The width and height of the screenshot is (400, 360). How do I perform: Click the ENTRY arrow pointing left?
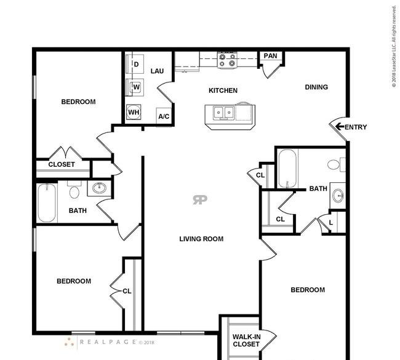(x=339, y=127)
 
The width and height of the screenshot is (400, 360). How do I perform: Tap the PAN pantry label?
(x=270, y=55)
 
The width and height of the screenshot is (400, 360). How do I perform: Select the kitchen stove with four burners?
(x=227, y=60)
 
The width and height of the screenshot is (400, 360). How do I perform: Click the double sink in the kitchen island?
(x=224, y=113)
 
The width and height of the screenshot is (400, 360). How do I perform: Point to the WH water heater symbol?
(x=134, y=112)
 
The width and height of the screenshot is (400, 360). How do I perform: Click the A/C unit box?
(x=164, y=116)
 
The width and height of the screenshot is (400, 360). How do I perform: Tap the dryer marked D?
(x=135, y=64)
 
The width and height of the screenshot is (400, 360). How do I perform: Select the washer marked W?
(x=135, y=87)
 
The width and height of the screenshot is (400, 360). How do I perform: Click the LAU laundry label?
(x=157, y=71)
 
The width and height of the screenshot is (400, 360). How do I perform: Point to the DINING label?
(x=316, y=87)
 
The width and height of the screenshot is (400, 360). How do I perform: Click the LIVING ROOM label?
(x=201, y=239)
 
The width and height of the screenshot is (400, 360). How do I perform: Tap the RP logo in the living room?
(x=200, y=199)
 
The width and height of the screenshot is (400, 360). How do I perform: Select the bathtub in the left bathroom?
(x=47, y=203)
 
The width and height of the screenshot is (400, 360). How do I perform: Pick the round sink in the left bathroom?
(x=100, y=188)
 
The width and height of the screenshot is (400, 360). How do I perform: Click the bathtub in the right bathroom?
(x=287, y=169)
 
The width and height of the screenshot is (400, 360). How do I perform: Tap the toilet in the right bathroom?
(x=336, y=164)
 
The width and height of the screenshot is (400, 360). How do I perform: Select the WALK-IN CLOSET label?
(x=246, y=340)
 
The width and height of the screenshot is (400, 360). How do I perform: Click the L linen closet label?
(x=331, y=223)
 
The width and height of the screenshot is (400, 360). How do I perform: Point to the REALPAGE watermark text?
(x=108, y=342)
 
